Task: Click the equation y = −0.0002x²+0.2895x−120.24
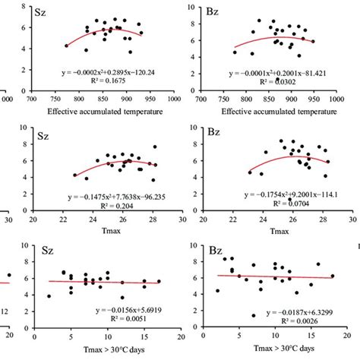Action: coord(113,73)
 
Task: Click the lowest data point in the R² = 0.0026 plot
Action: coord(251,315)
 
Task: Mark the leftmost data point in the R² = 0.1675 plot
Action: coord(66,46)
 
